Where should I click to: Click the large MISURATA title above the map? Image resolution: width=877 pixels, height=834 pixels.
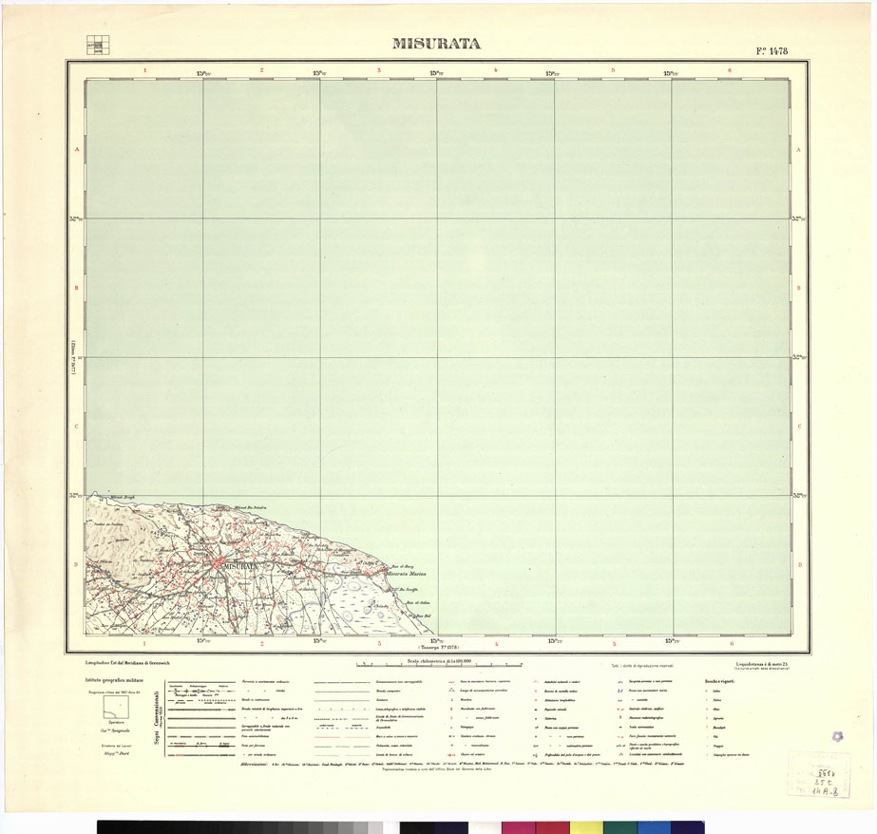pyautogui.click(x=436, y=44)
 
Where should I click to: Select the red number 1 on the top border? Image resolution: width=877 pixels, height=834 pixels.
pyautogui.click(x=144, y=70)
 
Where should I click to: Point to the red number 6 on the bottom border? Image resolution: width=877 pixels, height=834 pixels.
pyautogui.click(x=731, y=643)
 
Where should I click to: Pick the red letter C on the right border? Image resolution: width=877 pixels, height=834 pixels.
pyautogui.click(x=799, y=426)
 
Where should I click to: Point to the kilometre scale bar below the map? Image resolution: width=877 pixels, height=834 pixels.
pyautogui.click(x=437, y=665)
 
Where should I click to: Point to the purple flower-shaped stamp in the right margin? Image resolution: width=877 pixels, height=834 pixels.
pyautogui.click(x=837, y=736)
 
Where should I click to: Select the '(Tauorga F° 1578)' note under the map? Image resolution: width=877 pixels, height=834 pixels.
pyautogui.click(x=436, y=646)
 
